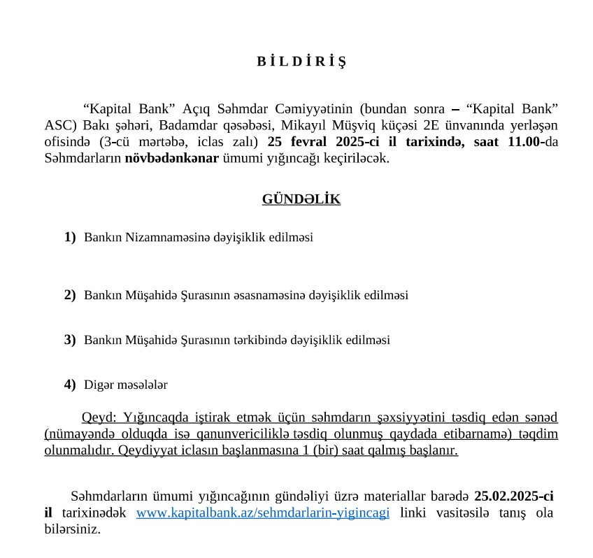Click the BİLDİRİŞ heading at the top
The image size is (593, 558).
(301, 61)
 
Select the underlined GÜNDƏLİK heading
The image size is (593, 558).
(301, 199)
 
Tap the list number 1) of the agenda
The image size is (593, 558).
(70, 237)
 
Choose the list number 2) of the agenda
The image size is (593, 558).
(70, 295)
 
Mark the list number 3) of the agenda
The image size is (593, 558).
(70, 340)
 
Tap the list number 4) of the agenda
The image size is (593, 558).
(70, 384)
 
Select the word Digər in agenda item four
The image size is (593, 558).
(97, 385)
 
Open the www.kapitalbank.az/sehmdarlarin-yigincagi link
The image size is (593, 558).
(263, 513)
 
